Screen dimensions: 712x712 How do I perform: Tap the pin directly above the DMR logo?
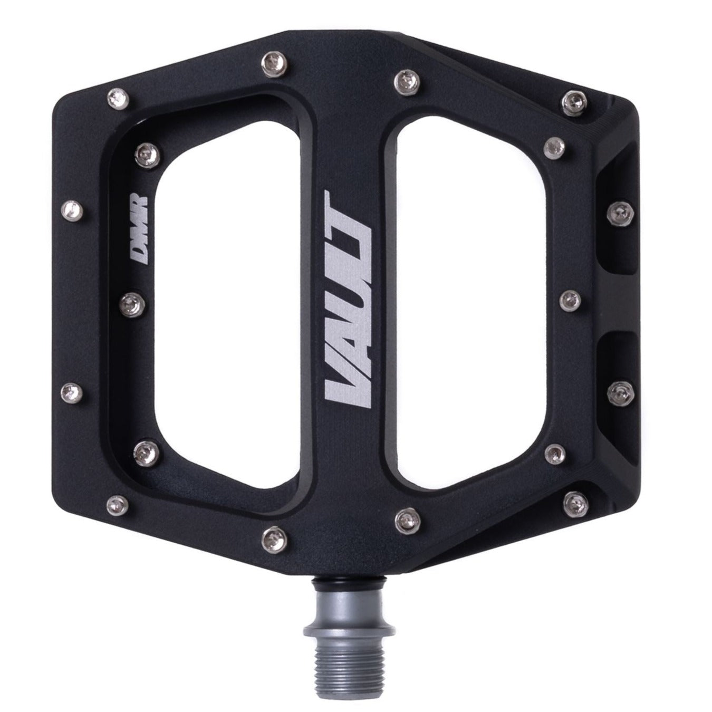pos(147,156)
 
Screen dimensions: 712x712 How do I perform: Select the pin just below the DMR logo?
pos(132,305)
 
